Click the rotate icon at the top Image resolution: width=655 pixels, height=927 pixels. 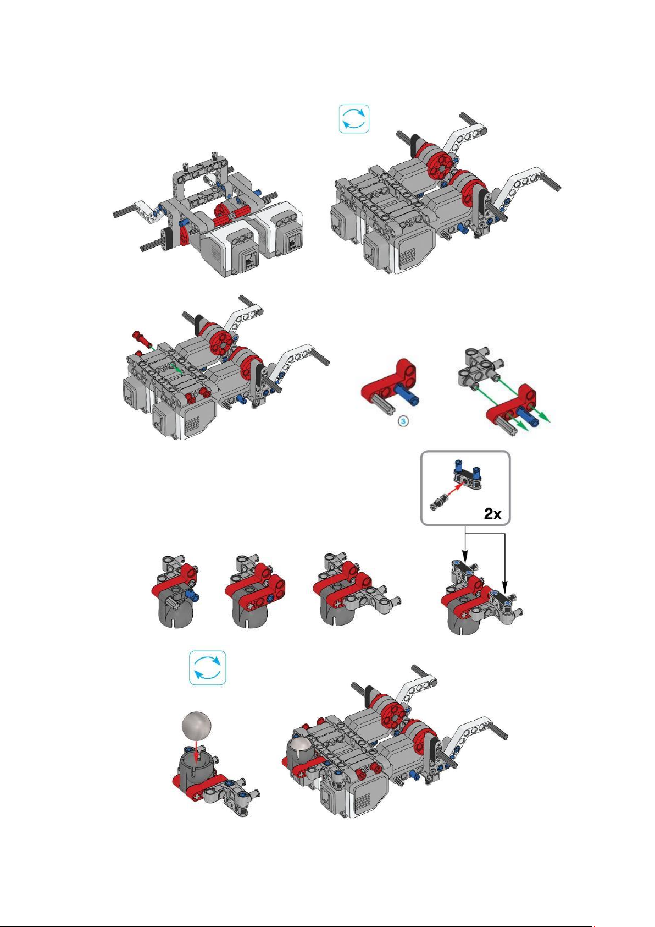click(x=354, y=119)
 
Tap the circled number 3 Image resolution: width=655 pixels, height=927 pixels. click(x=403, y=421)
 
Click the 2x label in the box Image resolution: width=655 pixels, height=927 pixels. click(x=492, y=514)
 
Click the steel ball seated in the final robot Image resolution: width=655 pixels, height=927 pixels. click(x=301, y=746)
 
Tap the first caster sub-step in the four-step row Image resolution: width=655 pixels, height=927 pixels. click(x=175, y=592)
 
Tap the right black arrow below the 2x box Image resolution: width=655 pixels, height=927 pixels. click(x=505, y=564)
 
